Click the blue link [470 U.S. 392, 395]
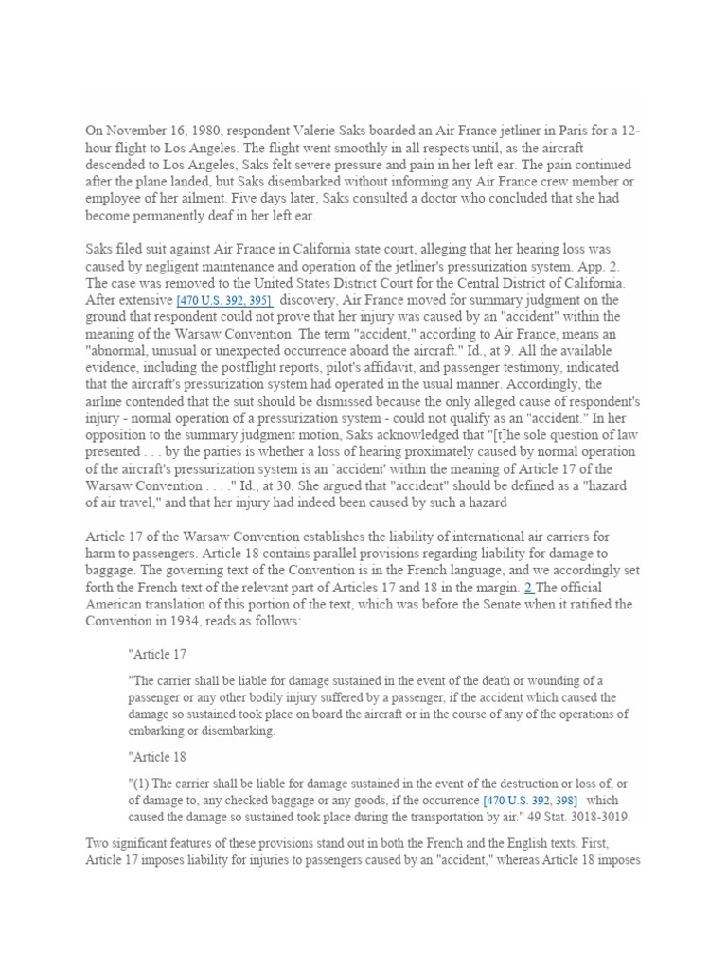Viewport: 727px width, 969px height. pyautogui.click(x=225, y=300)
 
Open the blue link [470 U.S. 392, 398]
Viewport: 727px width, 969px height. pyautogui.click(x=530, y=800)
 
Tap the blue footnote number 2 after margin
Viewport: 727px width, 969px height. pyautogui.click(x=528, y=588)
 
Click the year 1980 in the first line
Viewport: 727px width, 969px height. pyautogui.click(x=211, y=131)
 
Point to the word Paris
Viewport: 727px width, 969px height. pyautogui.click(x=550, y=131)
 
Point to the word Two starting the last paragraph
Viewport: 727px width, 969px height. pyautogui.click(x=99, y=843)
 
